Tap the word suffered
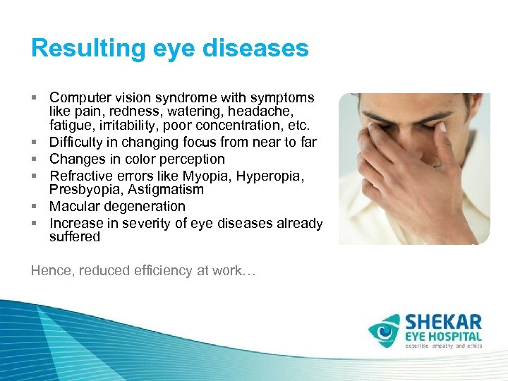point(75,237)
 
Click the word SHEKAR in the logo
point(443,322)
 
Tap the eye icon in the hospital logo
point(384,330)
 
